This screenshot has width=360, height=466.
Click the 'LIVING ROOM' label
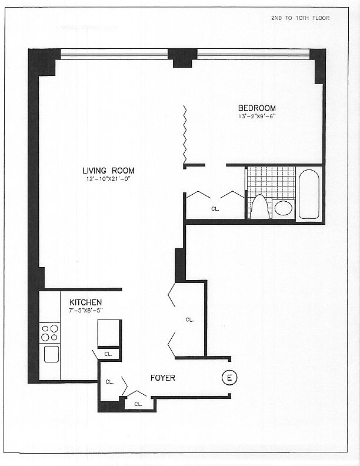point(108,171)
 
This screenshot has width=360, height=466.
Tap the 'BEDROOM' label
point(256,108)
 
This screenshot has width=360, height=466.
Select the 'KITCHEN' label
point(85,302)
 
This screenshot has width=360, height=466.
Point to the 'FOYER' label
point(163,378)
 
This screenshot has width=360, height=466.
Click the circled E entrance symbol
point(228,378)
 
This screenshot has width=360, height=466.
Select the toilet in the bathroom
point(259,208)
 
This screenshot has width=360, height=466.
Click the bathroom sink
point(284,208)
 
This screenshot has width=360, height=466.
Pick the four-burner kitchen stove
point(50,333)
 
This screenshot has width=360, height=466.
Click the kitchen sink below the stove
point(51,354)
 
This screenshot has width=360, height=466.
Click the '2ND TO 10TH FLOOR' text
point(300,18)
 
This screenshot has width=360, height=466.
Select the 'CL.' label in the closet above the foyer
point(189,319)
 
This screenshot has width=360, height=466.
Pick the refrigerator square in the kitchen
point(109,332)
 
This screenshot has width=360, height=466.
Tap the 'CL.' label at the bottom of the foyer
point(138,404)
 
